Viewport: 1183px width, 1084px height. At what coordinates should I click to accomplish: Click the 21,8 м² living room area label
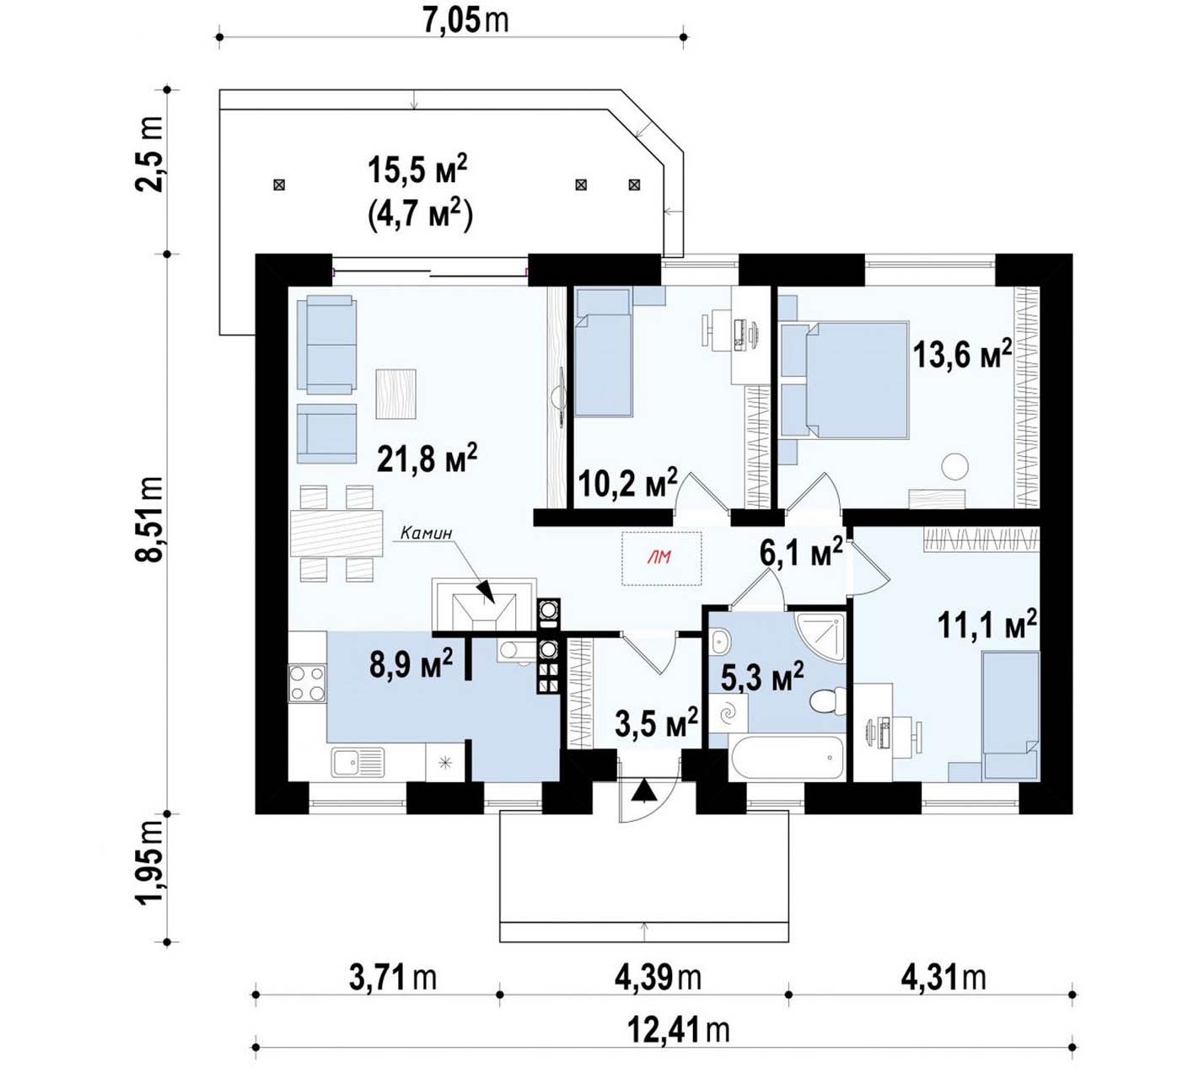[x=427, y=459]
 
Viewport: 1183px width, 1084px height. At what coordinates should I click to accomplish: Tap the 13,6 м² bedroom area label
[x=962, y=355]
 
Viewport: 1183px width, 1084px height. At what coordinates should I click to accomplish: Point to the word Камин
[x=427, y=533]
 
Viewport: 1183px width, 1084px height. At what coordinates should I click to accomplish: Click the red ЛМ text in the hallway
[x=659, y=556]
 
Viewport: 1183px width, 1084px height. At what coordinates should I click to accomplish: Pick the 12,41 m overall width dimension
[x=678, y=1030]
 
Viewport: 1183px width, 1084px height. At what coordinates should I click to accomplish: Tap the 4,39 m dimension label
[x=658, y=978]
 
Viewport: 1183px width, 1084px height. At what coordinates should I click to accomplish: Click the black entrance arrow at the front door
[x=644, y=791]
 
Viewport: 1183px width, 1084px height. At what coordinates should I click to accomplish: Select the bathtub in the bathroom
[x=787, y=757]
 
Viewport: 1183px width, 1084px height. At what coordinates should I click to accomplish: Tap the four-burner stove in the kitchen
[x=307, y=684]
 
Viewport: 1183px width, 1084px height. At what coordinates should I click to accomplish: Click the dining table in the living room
[x=336, y=534]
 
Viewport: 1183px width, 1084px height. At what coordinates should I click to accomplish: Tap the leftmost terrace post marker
[x=279, y=185]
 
